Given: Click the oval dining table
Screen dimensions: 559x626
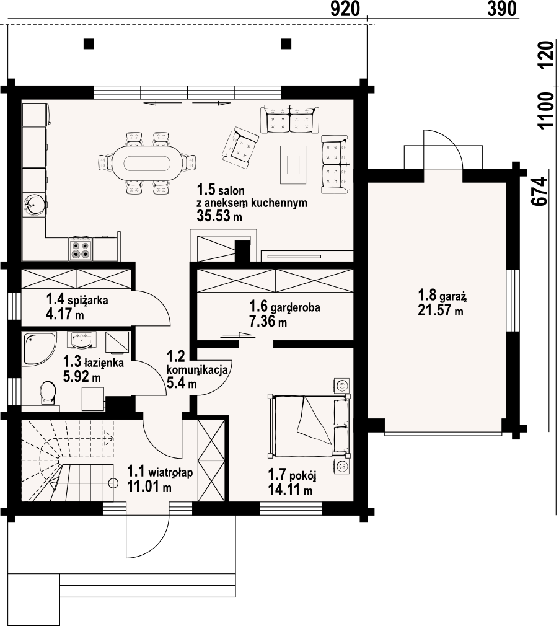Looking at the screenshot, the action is (146, 163).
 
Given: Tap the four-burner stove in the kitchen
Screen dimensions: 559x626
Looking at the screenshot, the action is (81, 249).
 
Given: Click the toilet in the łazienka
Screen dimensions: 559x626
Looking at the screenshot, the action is (48, 392).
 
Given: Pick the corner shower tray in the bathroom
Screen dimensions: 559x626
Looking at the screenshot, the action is (38, 347).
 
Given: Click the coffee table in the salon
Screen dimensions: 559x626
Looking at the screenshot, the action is (294, 165).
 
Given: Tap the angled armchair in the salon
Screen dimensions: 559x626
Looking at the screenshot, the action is (240, 147).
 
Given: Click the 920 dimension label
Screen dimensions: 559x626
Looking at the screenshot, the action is (345, 9).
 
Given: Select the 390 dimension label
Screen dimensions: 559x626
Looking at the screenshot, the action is (502, 9).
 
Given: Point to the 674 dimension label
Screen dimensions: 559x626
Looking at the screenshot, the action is (539, 192).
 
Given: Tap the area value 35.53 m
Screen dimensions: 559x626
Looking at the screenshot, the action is (219, 216).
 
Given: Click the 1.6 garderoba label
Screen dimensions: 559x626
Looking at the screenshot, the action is (284, 307).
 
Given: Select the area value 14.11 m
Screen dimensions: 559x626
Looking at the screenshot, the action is (290, 490).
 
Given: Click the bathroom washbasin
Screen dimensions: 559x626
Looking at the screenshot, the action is (83, 340).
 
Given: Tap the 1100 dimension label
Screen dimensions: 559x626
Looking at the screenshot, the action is (546, 110).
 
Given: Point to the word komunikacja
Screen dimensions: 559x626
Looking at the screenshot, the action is (197, 369).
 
